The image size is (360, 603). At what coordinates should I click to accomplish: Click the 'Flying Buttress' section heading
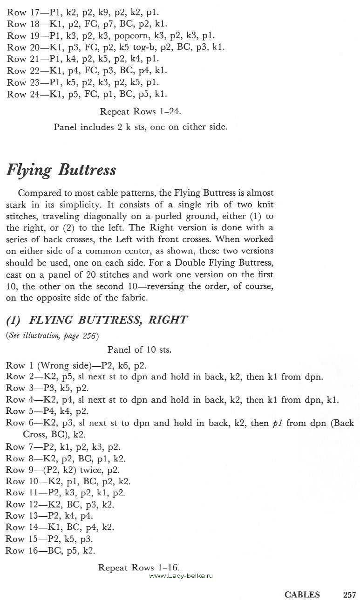(61, 171)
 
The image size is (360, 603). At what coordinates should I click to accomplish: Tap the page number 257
(349, 594)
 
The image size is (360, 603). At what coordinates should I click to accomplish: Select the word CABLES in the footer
(302, 594)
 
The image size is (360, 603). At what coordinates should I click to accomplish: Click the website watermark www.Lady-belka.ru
(181, 576)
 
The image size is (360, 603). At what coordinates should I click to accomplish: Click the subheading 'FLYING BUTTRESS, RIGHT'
(97, 320)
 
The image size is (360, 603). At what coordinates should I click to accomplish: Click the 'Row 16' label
(16, 550)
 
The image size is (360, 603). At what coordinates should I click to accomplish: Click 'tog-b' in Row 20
(145, 47)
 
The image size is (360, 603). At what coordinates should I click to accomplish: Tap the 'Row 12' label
(17, 504)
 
